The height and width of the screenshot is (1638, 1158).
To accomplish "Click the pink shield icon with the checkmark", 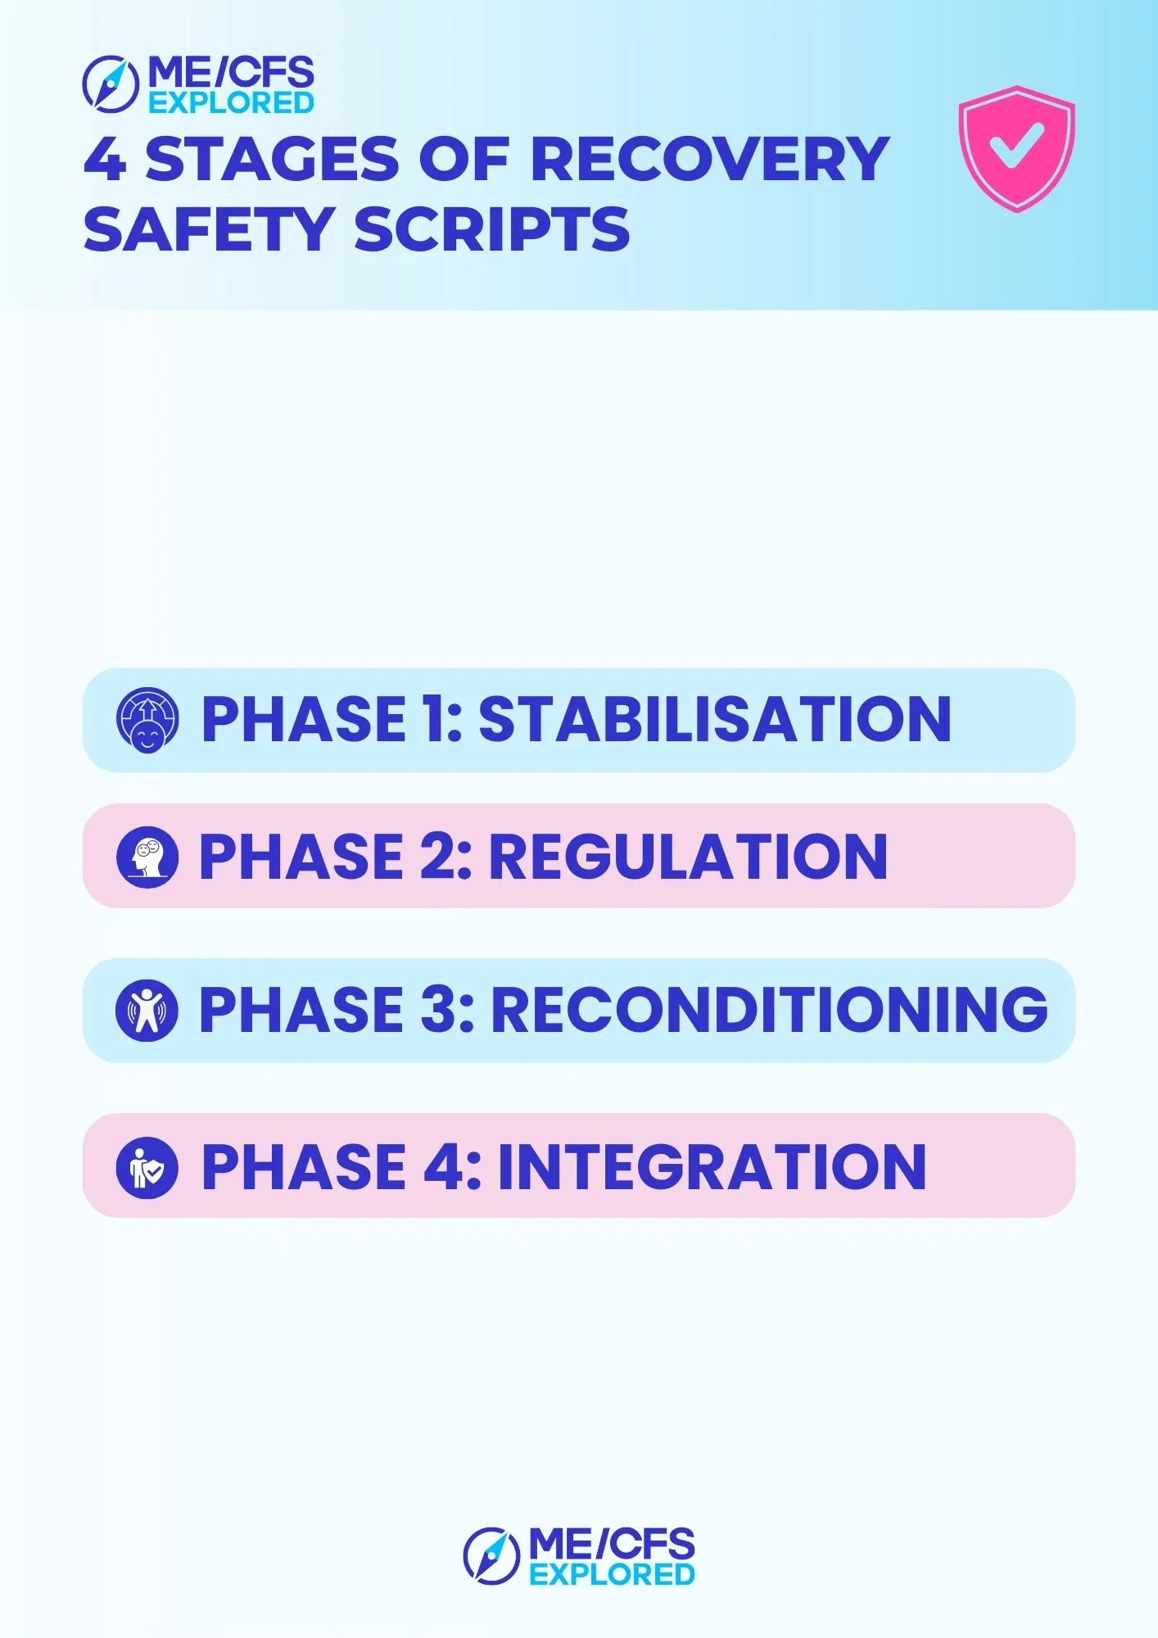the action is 1016,149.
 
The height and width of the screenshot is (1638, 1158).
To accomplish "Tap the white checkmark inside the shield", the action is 1016,145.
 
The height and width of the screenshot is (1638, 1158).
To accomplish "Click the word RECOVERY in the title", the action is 710,159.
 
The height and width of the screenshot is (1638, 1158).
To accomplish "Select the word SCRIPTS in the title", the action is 492,229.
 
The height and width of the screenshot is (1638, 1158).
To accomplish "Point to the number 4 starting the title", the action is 106,159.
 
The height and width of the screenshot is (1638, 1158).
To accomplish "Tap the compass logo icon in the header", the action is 111,84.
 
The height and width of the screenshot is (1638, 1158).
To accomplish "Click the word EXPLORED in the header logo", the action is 231,103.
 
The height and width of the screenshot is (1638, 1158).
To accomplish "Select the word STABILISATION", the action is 715,719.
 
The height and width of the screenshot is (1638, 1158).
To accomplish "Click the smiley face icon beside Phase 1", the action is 147,721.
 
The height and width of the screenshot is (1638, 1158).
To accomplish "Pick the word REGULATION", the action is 688,857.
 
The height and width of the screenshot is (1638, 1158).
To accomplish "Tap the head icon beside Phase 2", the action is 147,857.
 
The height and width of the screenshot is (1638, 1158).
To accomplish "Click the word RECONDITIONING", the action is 769,1009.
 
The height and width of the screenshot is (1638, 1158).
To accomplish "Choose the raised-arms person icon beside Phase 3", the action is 147,1011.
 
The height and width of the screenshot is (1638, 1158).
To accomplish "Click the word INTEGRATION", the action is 712,1167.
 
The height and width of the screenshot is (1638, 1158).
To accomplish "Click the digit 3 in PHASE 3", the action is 437,1009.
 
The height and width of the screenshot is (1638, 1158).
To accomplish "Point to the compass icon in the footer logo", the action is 491,1555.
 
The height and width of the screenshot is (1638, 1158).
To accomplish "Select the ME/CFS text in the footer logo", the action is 612,1544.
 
